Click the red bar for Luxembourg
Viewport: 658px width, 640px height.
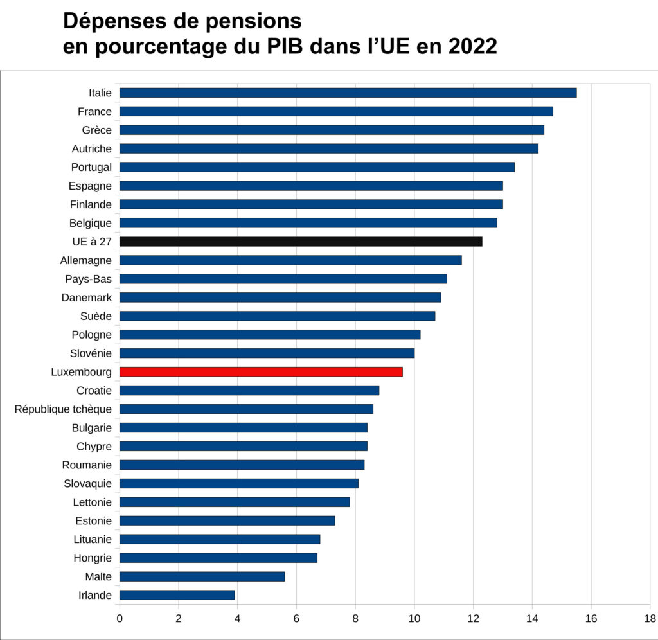click(x=261, y=371)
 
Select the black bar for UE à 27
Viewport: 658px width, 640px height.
click(x=301, y=242)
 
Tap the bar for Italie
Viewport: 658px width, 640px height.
click(x=348, y=93)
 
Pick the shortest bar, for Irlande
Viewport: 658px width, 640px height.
click(x=177, y=595)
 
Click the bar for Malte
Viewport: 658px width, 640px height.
click(x=202, y=576)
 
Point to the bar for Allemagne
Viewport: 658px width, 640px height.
click(x=290, y=260)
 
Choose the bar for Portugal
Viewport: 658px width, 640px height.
click(x=317, y=167)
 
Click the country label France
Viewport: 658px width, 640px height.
click(x=94, y=111)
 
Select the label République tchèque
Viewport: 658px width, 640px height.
click(x=63, y=409)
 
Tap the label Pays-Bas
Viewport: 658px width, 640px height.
click(x=88, y=279)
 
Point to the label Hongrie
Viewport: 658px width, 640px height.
click(x=93, y=558)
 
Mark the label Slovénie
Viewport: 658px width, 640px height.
click(x=91, y=353)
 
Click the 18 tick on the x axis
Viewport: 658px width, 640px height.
click(x=650, y=619)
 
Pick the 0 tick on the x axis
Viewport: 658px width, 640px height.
click(x=120, y=619)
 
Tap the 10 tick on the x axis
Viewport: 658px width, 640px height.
click(x=414, y=619)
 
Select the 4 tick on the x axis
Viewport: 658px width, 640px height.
click(x=237, y=619)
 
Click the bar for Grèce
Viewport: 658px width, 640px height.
click(x=332, y=130)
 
